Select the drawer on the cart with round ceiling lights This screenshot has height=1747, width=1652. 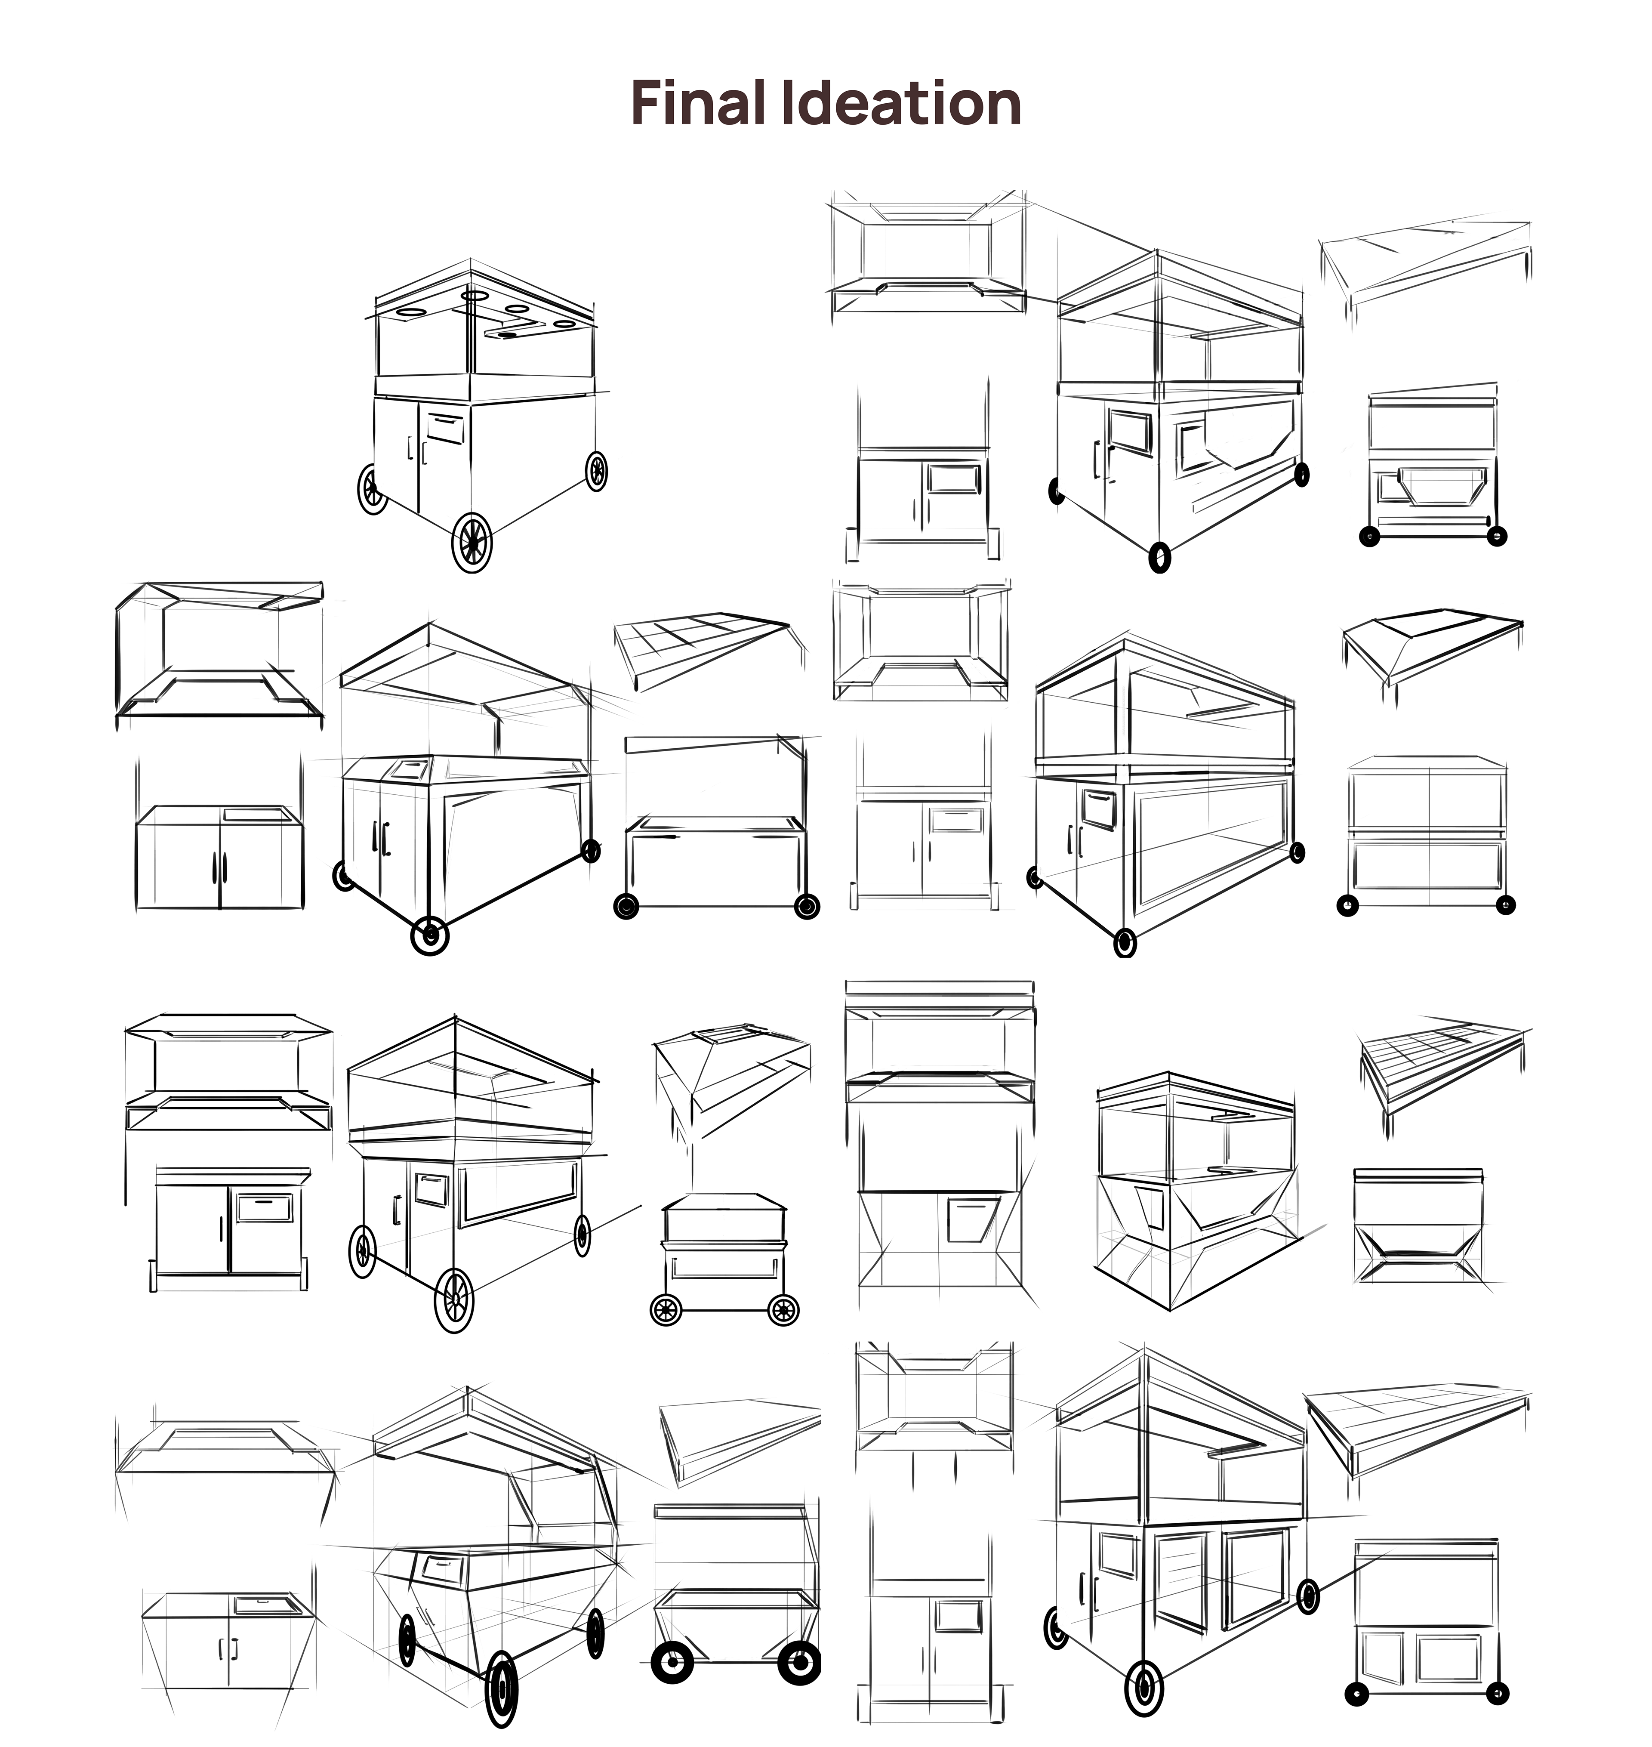(446, 429)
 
